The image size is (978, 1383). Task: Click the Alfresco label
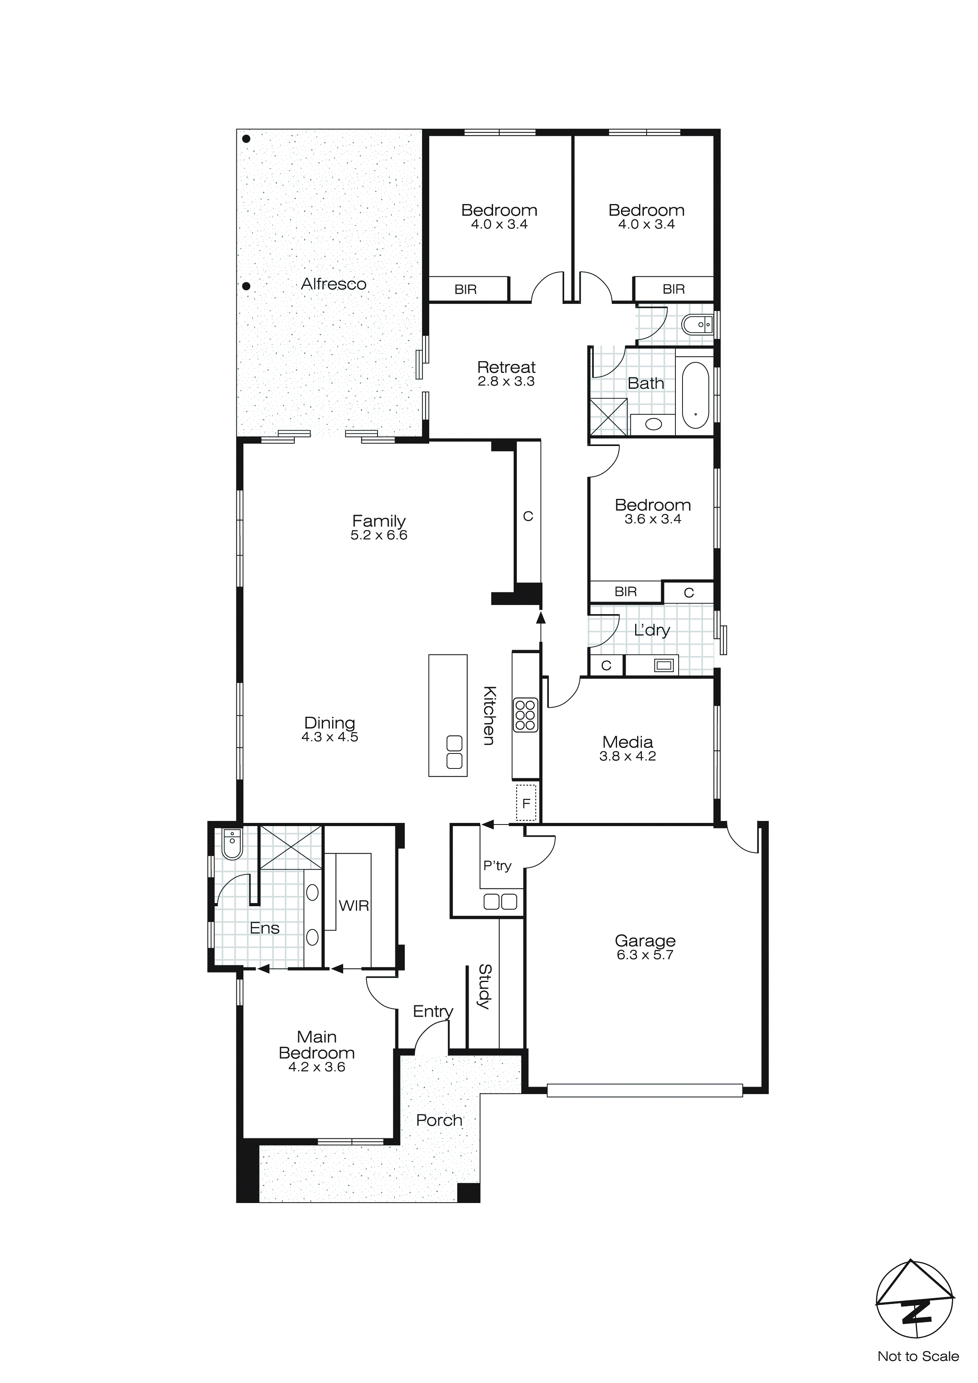334,284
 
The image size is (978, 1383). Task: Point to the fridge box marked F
526,803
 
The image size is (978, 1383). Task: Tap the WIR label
353,905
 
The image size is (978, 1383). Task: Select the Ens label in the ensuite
264,928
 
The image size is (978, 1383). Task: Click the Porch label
439,1121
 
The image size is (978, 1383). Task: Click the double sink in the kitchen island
454,752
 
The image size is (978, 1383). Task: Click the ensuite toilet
231,843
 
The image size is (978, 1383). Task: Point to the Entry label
432,1011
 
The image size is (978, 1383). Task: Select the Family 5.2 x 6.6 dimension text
379,535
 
